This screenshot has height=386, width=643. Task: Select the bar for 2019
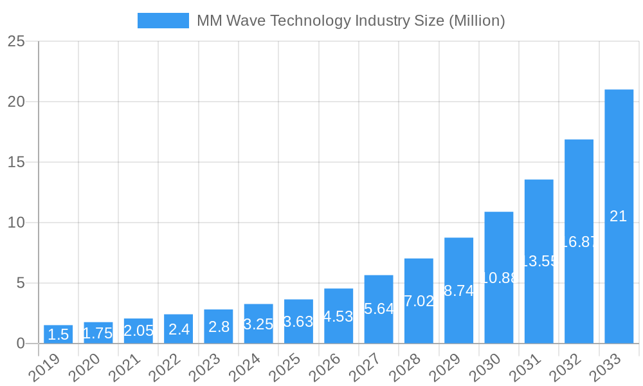click(x=58, y=334)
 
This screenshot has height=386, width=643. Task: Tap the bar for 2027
click(x=379, y=309)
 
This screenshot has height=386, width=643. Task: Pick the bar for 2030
click(x=499, y=277)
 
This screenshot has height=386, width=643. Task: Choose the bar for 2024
click(x=258, y=324)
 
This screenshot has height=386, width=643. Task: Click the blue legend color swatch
click(x=163, y=21)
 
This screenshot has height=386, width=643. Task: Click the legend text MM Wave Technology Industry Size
click(x=350, y=21)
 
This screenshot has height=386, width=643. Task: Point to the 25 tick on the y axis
click(x=17, y=42)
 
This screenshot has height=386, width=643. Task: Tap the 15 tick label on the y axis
click(x=17, y=162)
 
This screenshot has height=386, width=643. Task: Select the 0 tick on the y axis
click(x=21, y=344)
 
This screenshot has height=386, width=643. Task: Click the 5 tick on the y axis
click(x=21, y=283)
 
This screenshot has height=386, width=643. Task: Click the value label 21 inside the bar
click(x=619, y=216)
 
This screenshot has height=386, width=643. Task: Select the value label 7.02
click(x=419, y=301)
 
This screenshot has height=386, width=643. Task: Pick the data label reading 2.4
click(x=179, y=329)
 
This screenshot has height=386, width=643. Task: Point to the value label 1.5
click(x=58, y=335)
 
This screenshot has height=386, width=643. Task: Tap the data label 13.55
click(x=539, y=261)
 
